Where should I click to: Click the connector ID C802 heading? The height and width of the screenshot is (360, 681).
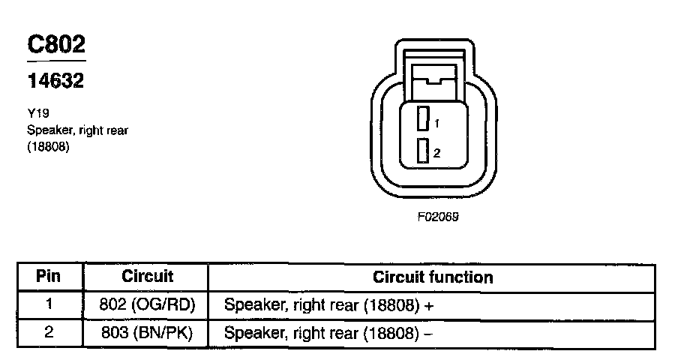coord(56,45)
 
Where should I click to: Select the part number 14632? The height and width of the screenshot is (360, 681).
coord(55,81)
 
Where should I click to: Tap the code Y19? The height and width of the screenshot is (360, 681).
coord(37,115)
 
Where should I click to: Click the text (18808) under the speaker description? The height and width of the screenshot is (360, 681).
coord(48,147)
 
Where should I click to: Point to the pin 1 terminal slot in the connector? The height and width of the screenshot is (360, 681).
coord(424,120)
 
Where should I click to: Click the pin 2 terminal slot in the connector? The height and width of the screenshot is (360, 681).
coord(424,151)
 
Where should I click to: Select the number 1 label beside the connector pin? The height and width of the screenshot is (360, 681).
coord(436,122)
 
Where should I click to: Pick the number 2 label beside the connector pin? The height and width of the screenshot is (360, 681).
coord(436,153)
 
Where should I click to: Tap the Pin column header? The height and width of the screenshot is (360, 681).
coord(49,276)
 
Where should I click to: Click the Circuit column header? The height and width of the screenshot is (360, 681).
coord(147,276)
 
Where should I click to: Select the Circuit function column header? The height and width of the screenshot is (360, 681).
coord(433,277)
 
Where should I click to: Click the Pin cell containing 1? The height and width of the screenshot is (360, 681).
coord(49,304)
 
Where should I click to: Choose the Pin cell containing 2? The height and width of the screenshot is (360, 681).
coord(49,331)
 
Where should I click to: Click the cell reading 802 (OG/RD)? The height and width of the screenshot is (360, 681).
coord(147,304)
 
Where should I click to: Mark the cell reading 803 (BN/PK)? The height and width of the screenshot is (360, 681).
coord(147,331)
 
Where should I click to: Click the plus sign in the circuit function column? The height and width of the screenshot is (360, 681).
coord(430,305)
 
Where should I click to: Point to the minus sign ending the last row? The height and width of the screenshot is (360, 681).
coord(428,332)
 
